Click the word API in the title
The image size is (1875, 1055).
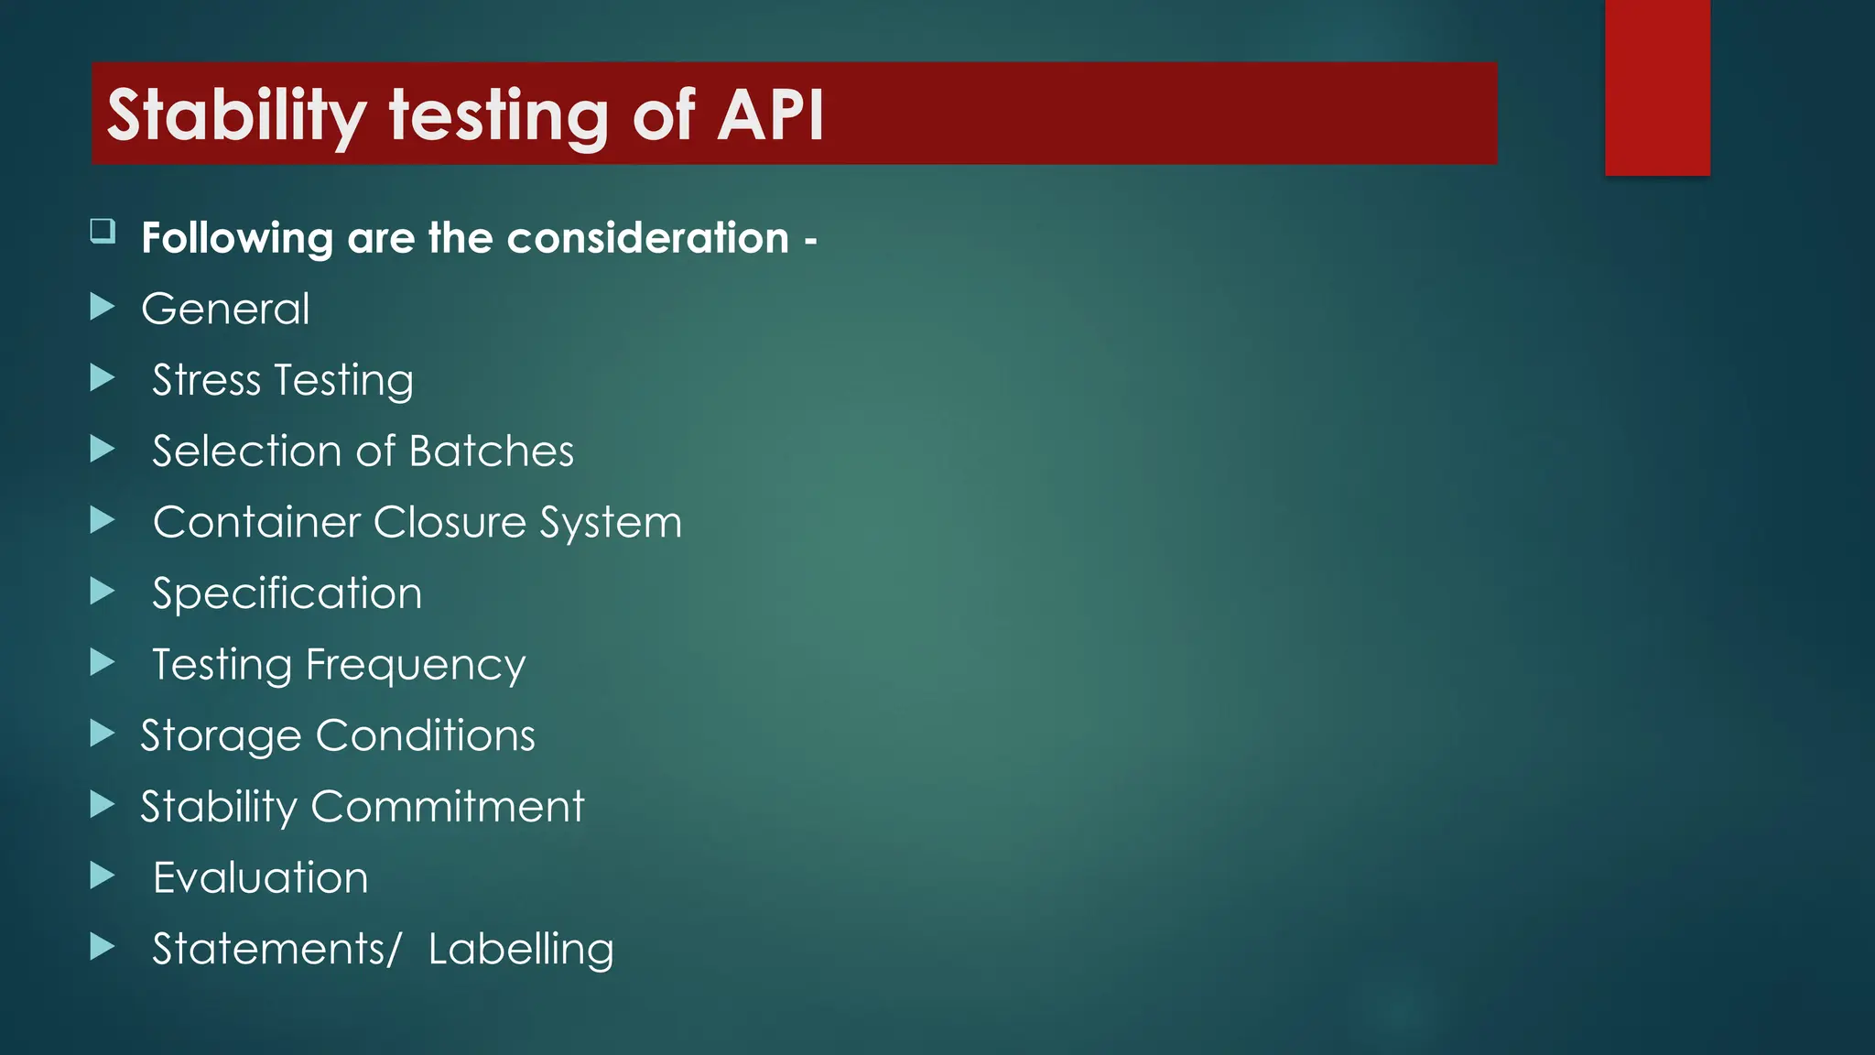[771, 115]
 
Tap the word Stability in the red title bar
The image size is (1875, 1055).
[236, 115]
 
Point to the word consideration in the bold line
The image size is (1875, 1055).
[647, 238]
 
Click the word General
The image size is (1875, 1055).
[225, 309]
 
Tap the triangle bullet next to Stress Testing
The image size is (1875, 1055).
[103, 377]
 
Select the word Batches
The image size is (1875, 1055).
[492, 451]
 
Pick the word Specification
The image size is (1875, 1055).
[287, 593]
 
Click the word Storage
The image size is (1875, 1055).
[221, 736]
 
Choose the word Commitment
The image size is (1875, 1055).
[448, 807]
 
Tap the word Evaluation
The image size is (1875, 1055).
[261, 877]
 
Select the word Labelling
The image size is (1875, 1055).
[521, 950]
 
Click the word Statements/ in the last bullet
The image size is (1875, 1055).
[276, 949]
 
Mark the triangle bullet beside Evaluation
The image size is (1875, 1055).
[103, 876]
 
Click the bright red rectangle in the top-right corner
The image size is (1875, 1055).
[1657, 87]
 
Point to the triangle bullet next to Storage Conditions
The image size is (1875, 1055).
[103, 734]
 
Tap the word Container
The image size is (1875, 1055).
[257, 522]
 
